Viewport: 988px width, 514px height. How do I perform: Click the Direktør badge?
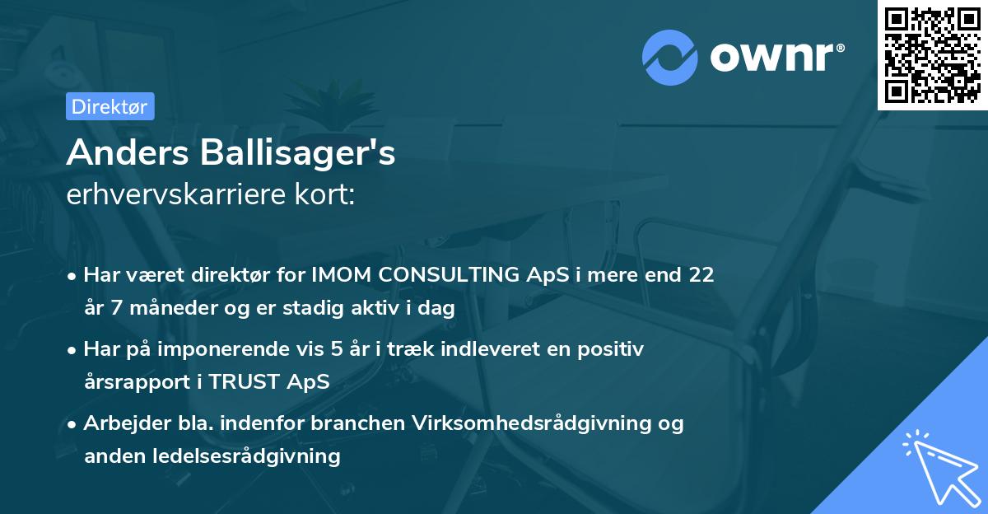pos(110,106)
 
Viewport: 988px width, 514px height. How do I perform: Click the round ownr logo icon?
pos(670,58)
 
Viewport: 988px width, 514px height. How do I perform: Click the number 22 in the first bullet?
pos(701,275)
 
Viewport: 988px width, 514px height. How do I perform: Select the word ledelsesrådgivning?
pos(240,456)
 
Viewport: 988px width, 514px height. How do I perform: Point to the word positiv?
pos(614,349)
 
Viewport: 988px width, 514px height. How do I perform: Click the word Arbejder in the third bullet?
pos(119,423)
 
